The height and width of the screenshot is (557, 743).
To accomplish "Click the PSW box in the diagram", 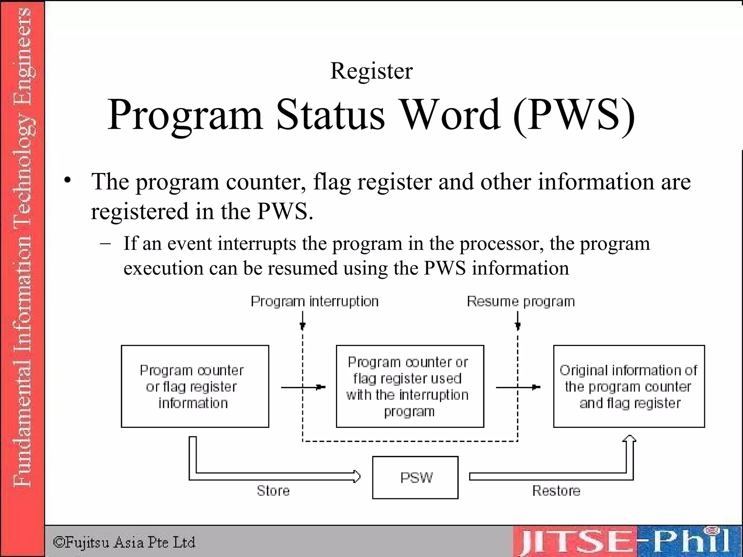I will click(x=415, y=478).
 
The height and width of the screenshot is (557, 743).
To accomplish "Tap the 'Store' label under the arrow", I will click(x=273, y=491).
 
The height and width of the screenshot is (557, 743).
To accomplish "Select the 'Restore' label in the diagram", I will click(x=556, y=491).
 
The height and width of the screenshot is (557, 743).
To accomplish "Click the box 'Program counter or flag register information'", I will click(x=195, y=386).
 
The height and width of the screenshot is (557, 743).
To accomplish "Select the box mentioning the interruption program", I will click(x=410, y=386).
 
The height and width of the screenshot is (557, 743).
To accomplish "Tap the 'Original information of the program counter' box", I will click(x=629, y=386).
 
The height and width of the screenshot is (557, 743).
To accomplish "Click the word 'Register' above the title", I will click(x=371, y=71).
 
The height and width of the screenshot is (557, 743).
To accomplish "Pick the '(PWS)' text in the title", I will click(x=574, y=115).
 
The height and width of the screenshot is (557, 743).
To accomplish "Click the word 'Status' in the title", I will click(x=330, y=115).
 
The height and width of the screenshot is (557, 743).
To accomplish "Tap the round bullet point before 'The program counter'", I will click(x=67, y=180).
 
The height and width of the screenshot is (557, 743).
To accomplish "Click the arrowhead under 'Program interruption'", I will click(x=303, y=325).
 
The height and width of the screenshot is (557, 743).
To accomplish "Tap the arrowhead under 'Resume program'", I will click(x=518, y=325).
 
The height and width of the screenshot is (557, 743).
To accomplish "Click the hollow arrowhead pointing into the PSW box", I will click(x=357, y=476).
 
